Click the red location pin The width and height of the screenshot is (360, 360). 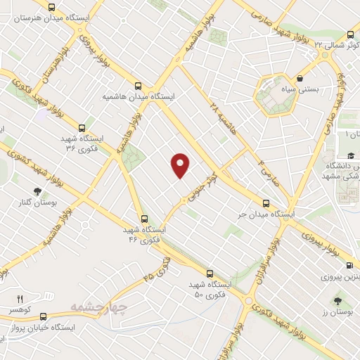pyautogui.click(x=181, y=165)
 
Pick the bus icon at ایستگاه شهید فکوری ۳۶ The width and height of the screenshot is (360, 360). pyautogui.click(x=82, y=129)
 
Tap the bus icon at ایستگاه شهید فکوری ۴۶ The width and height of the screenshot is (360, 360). pyautogui.click(x=145, y=219)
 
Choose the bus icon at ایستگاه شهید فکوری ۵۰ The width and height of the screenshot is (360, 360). pyautogui.click(x=210, y=274)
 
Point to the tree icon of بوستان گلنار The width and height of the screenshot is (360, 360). pyautogui.click(x=37, y=191)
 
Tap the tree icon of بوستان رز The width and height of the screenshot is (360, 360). pyautogui.click(x=339, y=300)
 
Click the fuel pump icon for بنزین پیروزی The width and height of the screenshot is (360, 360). pyautogui.click(x=349, y=265)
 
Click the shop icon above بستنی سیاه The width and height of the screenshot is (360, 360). pyautogui.click(x=301, y=79)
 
